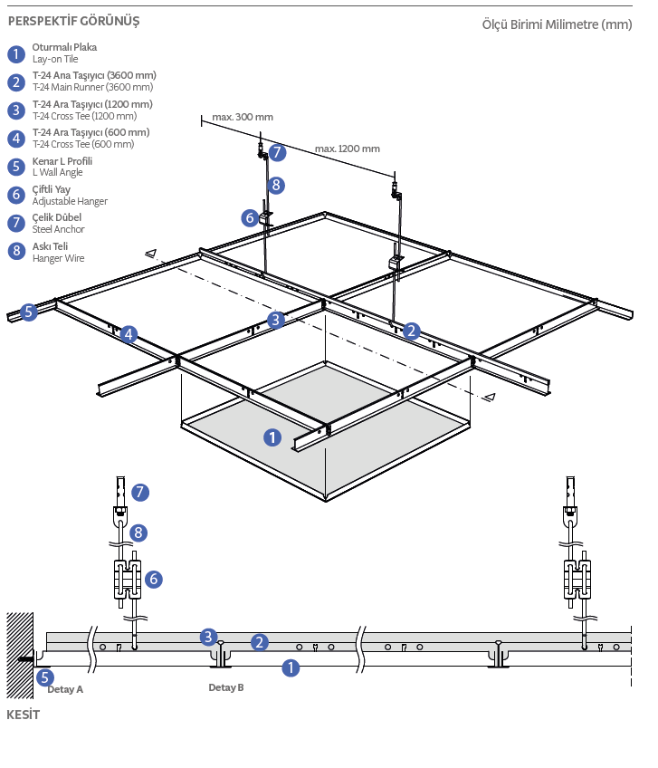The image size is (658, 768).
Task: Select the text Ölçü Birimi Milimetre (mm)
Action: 557,24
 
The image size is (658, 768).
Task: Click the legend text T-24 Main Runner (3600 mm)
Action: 93,87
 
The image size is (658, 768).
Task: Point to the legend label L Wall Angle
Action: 57,172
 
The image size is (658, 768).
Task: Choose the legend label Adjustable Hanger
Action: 70,201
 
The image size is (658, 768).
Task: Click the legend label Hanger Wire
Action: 58,258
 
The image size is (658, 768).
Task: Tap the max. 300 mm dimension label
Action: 243,117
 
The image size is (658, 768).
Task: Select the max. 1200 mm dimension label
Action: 348,149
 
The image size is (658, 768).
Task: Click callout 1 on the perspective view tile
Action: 272,437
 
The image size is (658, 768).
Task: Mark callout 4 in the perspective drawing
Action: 129,334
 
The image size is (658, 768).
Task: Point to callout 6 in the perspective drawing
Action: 250,217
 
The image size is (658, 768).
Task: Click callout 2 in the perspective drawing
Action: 412,331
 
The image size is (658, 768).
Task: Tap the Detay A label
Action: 65,689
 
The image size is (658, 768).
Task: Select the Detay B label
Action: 226,687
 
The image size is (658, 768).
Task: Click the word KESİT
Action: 24,715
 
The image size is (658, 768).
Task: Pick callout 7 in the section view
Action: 139,492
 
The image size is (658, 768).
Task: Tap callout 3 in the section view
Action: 209,636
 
